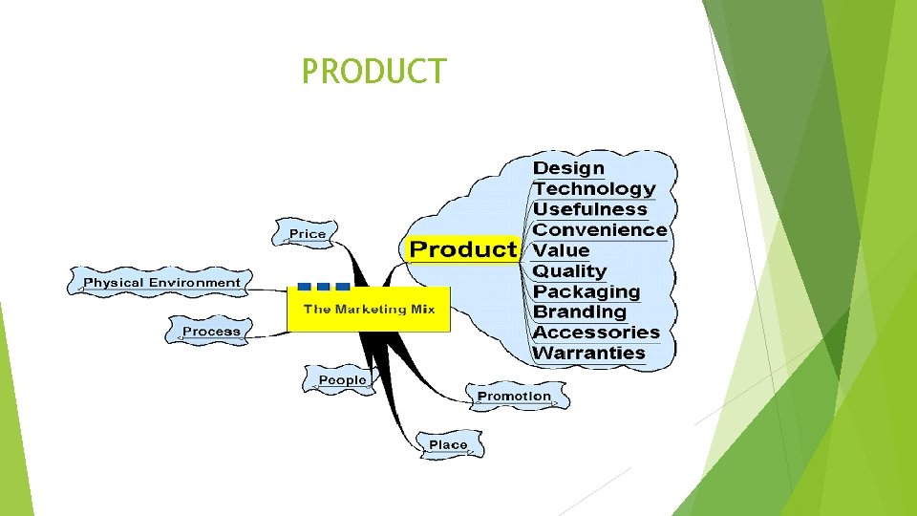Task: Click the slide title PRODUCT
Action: (373, 71)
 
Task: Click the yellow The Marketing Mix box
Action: (369, 309)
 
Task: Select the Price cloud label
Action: (308, 234)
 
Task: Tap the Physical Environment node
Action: (161, 283)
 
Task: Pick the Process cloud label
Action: (211, 332)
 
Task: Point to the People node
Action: (342, 380)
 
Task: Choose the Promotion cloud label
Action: (514, 396)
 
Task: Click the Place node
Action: (448, 445)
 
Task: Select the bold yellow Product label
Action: (462, 250)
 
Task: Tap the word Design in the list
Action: (568, 168)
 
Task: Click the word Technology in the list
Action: (594, 189)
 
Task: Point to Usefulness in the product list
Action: (589, 209)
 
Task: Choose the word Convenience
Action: (600, 230)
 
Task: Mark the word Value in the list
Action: (561, 250)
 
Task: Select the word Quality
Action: (569, 271)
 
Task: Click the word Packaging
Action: (586, 291)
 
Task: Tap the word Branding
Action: (580, 312)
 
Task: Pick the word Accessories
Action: (596, 333)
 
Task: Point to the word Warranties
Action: (588, 354)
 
